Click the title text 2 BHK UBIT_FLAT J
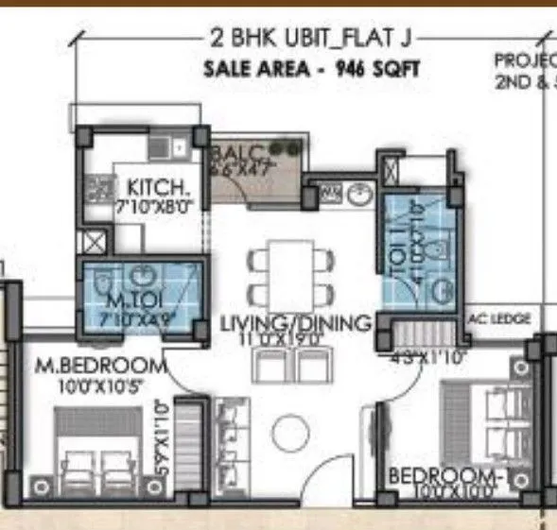point(311,39)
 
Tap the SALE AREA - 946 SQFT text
point(311,69)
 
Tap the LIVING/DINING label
point(294,323)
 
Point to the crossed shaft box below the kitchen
point(94,243)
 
